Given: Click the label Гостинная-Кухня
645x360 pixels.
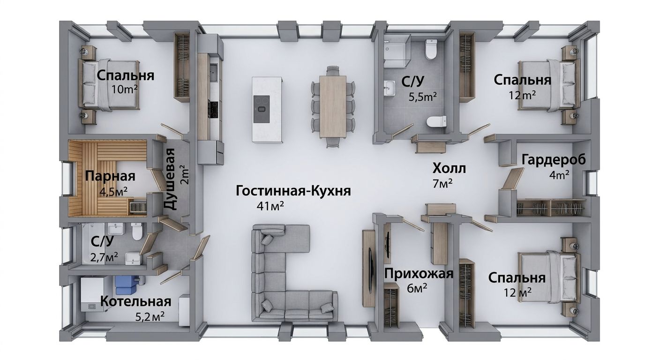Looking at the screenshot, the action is click(x=293, y=191).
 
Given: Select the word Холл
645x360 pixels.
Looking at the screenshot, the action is click(x=449, y=168).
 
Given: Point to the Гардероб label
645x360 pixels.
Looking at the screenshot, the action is click(x=554, y=160).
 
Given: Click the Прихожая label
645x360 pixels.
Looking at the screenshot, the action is click(x=419, y=274).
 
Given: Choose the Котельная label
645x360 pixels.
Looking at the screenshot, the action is click(x=135, y=301).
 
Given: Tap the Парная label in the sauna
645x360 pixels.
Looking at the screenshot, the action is click(x=110, y=176).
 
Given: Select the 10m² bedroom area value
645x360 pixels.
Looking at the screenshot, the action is click(x=124, y=90).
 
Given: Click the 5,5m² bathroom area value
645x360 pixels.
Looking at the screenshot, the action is click(x=423, y=97).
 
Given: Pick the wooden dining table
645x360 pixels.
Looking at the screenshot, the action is click(x=333, y=106).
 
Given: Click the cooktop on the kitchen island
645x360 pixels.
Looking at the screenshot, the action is click(x=262, y=109).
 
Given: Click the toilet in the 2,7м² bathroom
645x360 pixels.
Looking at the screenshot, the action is click(x=137, y=232).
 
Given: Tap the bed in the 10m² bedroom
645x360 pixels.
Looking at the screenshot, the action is click(x=109, y=85).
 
